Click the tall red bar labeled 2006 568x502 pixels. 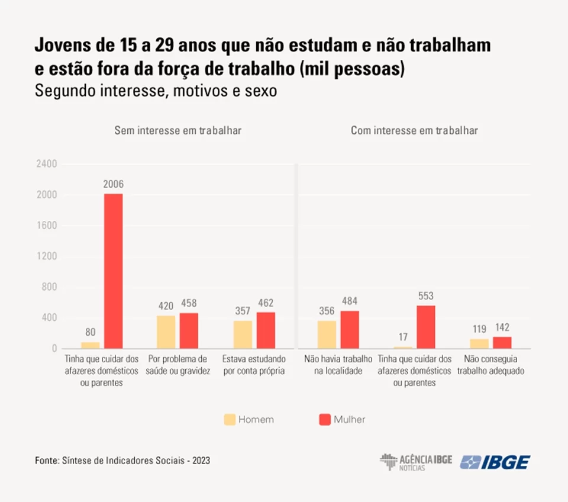coord(113,271)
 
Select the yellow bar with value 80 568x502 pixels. coord(91,345)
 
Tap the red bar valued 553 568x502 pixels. coord(425,327)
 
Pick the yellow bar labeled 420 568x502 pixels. coord(166,332)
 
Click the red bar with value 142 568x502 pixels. coord(502,342)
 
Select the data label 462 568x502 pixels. coord(266,304)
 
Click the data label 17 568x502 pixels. coord(403,337)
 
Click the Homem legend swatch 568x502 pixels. coord(230,420)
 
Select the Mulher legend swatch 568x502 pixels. coord(324,420)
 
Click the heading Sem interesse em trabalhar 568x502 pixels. coord(177,130)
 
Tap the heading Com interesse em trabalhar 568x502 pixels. coord(414,130)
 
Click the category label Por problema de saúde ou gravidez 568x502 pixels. coord(177,365)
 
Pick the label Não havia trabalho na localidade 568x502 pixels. coord(338,365)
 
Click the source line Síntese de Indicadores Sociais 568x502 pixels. coord(122,460)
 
